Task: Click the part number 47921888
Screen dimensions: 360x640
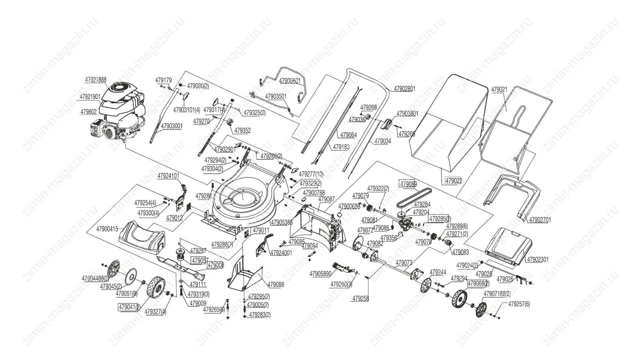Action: click(96, 80)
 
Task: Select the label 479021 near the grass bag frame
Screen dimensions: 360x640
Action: click(499, 89)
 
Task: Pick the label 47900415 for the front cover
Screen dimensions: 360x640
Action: click(107, 229)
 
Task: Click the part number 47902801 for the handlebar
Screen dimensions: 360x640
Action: click(405, 89)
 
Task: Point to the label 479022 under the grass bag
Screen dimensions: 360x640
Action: click(454, 181)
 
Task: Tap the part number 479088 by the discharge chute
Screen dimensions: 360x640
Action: click(276, 284)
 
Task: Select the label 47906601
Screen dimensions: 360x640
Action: click(290, 81)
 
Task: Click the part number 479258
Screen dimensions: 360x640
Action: click(360, 299)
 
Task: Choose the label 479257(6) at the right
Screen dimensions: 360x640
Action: click(519, 304)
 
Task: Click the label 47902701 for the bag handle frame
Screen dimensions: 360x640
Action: click(540, 220)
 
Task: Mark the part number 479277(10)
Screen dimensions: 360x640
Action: click(311, 174)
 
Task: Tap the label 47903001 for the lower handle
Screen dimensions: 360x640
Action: click(172, 126)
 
